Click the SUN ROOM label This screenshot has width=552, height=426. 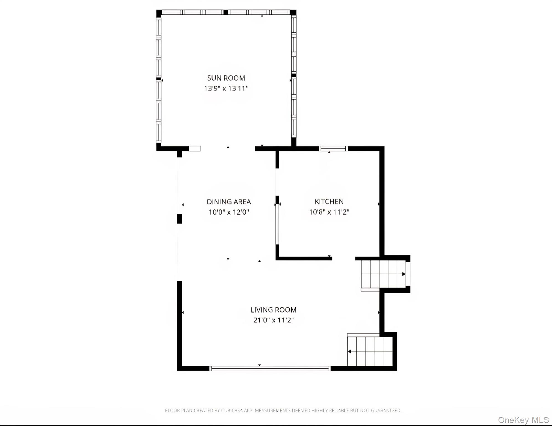(x=226, y=78)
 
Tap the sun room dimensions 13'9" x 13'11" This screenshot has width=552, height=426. (x=226, y=88)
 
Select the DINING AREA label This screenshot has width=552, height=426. (x=229, y=202)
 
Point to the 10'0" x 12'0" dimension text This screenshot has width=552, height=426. (x=229, y=212)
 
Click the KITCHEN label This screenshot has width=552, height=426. (x=329, y=201)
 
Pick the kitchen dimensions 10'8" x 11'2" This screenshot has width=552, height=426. (x=329, y=212)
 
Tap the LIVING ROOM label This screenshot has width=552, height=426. (x=274, y=310)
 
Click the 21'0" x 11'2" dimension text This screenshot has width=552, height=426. (x=274, y=320)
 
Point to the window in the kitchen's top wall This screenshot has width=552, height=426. (x=333, y=149)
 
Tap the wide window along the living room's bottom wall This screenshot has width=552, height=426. (x=270, y=369)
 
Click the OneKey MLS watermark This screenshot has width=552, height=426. (x=523, y=420)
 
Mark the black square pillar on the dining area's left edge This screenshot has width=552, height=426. (x=180, y=219)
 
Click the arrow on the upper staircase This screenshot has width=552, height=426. (x=404, y=274)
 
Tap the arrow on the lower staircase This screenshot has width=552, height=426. (x=350, y=351)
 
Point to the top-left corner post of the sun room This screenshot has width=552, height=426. (x=159, y=13)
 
